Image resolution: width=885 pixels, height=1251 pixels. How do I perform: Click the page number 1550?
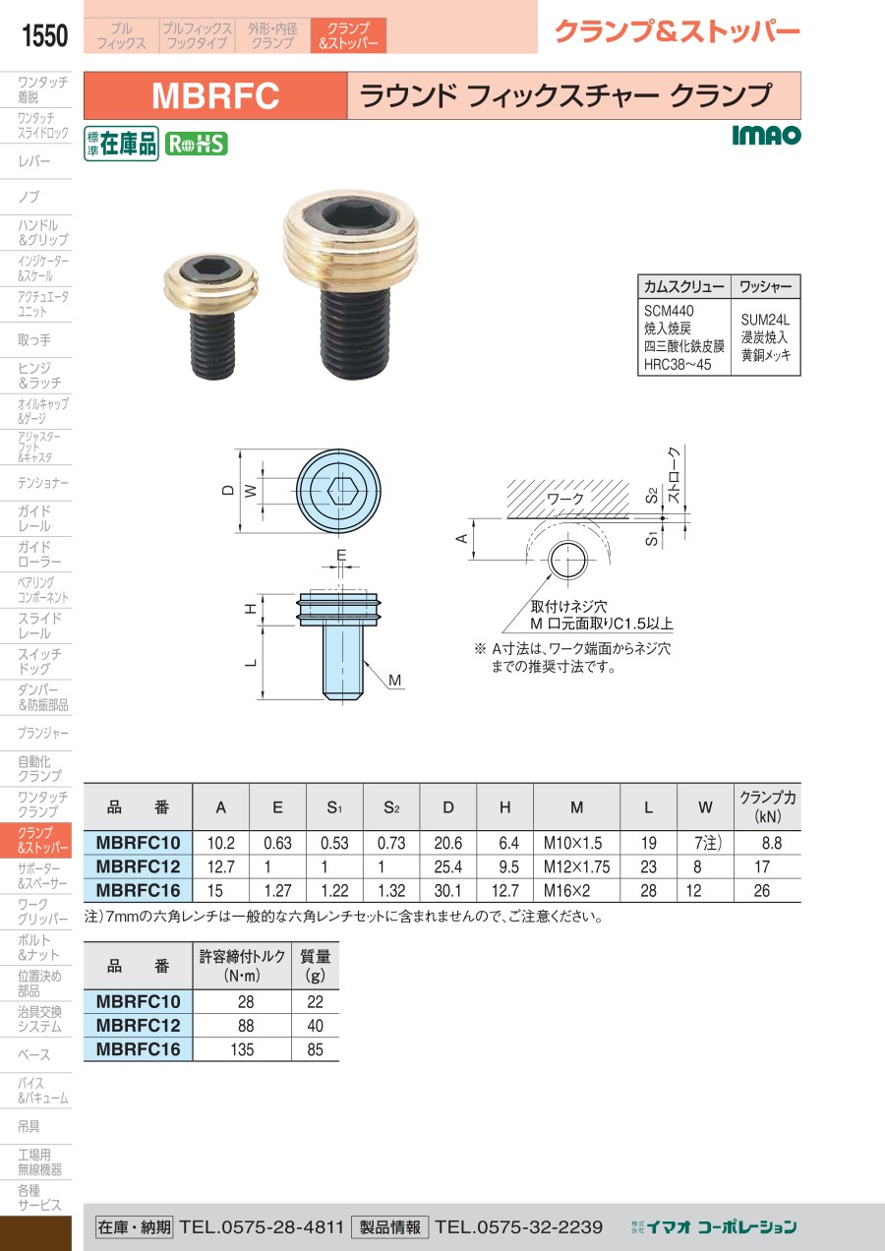tap(44, 35)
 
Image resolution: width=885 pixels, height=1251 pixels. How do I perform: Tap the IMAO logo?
tap(766, 135)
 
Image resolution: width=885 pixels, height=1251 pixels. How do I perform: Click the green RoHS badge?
tap(197, 145)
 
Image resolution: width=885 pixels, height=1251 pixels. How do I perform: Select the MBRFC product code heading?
tap(215, 95)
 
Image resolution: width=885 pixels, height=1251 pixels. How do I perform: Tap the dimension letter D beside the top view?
tap(228, 490)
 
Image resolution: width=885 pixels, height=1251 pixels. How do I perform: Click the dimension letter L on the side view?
tap(252, 663)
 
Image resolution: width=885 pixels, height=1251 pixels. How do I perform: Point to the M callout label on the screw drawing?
tap(394, 681)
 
